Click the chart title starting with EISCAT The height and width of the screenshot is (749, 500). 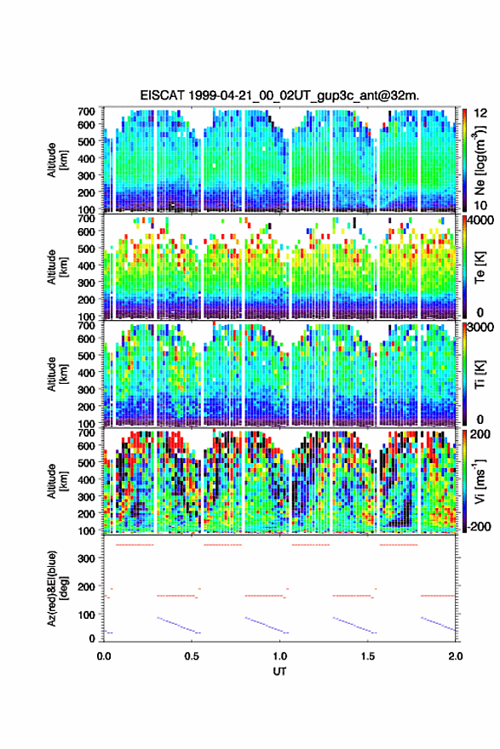[x=279, y=95]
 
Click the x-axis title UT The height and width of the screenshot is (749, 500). [x=279, y=672]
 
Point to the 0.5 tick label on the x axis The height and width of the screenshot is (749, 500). [x=192, y=656]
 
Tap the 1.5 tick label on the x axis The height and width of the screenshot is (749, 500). [x=368, y=656]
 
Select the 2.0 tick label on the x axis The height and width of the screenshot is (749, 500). [x=456, y=656]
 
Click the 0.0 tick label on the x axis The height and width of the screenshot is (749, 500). [x=104, y=656]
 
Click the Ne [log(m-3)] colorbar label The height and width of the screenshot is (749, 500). [x=480, y=159]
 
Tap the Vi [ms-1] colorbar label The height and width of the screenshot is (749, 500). [x=480, y=482]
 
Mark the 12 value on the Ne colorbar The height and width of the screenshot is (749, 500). [x=481, y=113]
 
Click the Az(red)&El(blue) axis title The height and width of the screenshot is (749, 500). [x=56, y=588]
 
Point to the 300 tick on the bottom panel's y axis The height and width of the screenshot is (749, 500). [x=86, y=558]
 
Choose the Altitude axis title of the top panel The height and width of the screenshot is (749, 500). [x=56, y=159]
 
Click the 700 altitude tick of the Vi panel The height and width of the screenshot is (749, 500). [x=86, y=432]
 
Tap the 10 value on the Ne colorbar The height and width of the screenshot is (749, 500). [x=481, y=205]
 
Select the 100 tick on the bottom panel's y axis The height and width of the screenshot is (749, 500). [x=86, y=615]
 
